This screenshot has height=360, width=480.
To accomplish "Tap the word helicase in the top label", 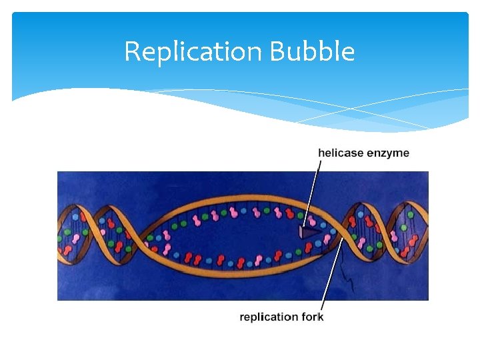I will [341, 153].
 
